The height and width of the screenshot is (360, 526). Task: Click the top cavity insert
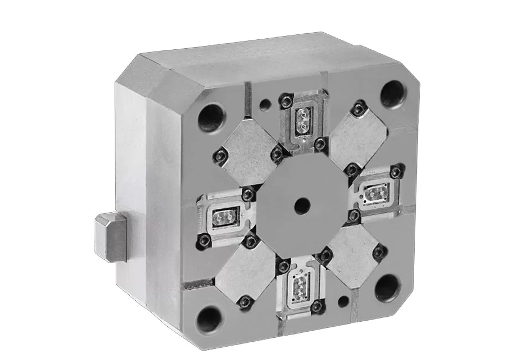(x=303, y=118)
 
